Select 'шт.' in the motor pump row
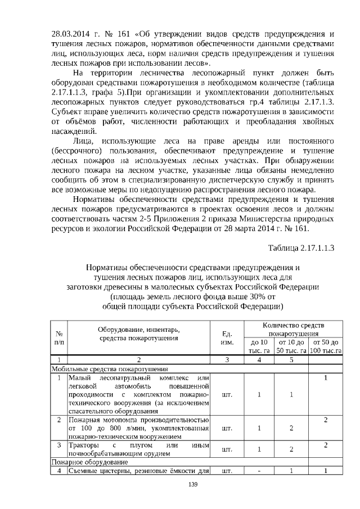(x=227, y=428)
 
